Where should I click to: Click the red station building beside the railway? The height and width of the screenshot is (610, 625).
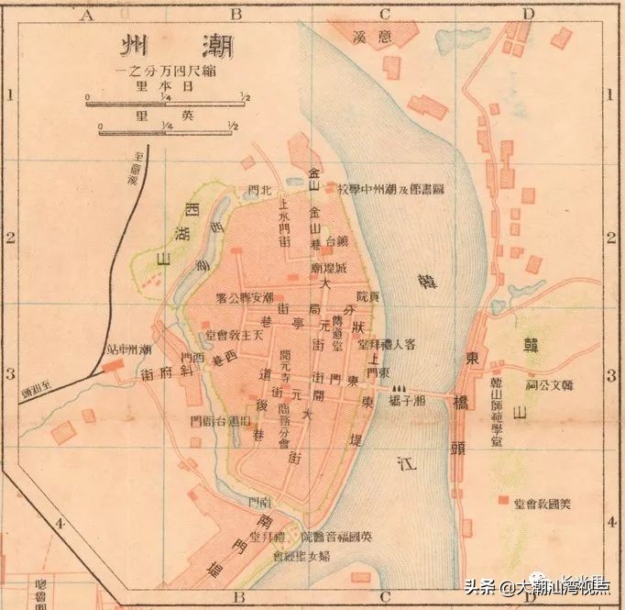click(114, 365)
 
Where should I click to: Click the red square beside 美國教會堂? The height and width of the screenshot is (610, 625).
click(502, 502)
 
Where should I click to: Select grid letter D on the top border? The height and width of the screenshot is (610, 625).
click(527, 14)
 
